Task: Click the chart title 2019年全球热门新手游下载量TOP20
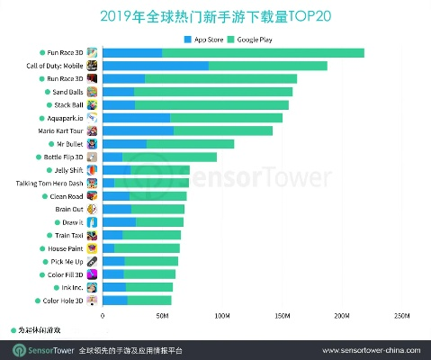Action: (x=215, y=15)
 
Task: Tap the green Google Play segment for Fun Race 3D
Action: (x=263, y=53)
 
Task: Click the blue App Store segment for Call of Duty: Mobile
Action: (x=156, y=66)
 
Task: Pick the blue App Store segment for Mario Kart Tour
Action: (x=138, y=130)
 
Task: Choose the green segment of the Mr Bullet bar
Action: (x=190, y=144)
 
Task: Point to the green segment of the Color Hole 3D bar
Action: (x=148, y=300)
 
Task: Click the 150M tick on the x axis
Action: (x=283, y=316)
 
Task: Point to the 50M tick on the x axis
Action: (x=163, y=316)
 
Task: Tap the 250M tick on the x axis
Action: (x=402, y=316)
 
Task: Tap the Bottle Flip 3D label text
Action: (x=63, y=157)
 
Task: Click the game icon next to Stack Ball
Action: (x=92, y=104)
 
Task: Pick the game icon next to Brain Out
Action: (x=92, y=209)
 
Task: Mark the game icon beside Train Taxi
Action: (x=92, y=235)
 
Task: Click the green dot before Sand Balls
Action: (x=44, y=92)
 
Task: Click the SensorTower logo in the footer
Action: (x=39, y=348)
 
